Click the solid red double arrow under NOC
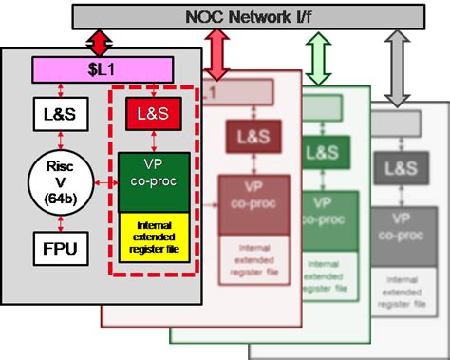click(x=100, y=43)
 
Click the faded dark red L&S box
click(x=245, y=138)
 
